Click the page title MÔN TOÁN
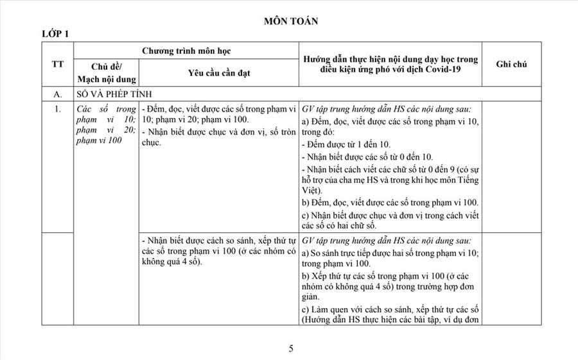click(291, 21)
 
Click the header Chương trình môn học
click(186, 49)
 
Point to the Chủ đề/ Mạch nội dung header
click(105, 73)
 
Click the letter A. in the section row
click(57, 94)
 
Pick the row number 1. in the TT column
click(58, 109)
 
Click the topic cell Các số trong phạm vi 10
click(105, 124)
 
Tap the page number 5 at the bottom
click(291, 348)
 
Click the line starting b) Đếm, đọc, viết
click(390, 202)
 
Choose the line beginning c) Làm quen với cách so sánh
click(390, 310)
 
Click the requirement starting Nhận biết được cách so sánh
click(218, 241)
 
